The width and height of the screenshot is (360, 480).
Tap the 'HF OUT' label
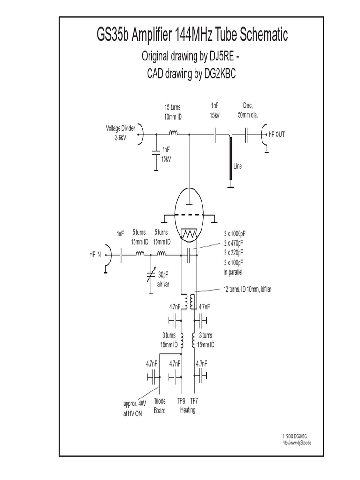(x=276, y=134)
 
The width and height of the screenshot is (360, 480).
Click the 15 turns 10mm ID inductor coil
(x=173, y=134)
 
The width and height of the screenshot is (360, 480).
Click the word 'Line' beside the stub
(x=238, y=166)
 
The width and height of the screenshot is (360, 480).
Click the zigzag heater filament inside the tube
(x=189, y=233)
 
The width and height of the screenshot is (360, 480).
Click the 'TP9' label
(x=181, y=402)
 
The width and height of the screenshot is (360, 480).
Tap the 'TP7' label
(x=194, y=402)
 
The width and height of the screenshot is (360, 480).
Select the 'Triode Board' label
(x=159, y=406)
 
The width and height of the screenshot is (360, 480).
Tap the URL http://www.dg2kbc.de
(x=297, y=443)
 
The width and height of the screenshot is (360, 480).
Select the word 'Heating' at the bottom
(x=187, y=410)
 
